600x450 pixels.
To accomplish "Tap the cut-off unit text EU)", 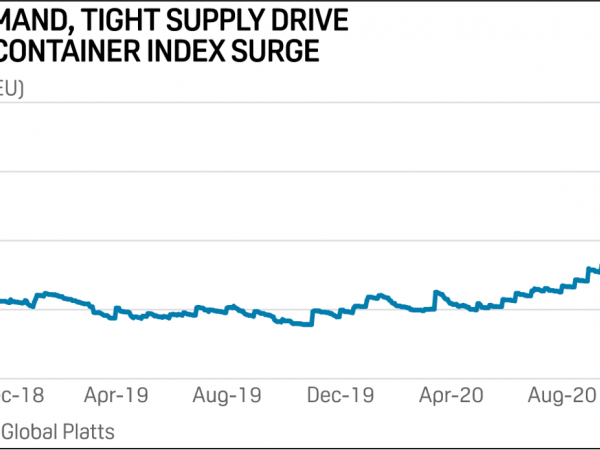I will [x=11, y=88].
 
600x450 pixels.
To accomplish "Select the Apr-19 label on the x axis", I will [x=116, y=395].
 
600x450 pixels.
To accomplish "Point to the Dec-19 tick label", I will [x=343, y=395].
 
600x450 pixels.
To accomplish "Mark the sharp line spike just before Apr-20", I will [x=436, y=292].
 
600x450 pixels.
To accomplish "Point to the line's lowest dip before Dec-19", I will [x=302, y=324].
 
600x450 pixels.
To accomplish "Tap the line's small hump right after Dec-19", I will [x=376, y=296].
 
